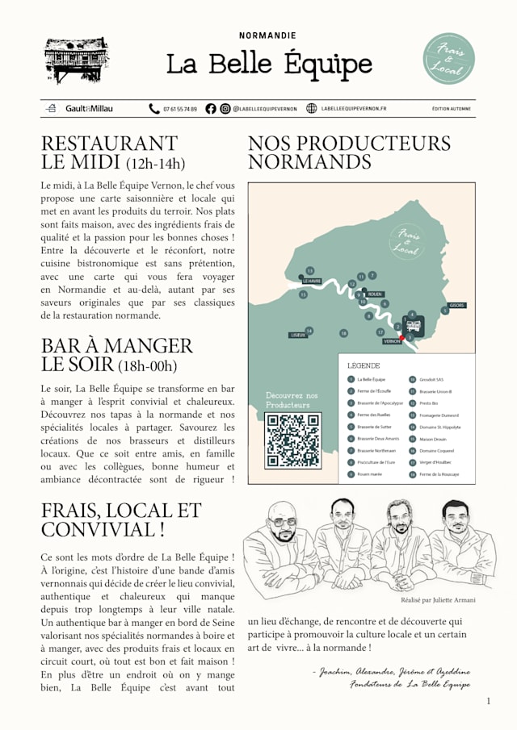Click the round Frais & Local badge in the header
[x=449, y=58]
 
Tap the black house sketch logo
[x=77, y=60]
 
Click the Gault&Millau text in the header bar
[x=90, y=109]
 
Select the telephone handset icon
[x=154, y=109]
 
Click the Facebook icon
[x=211, y=109]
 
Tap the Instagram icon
[x=225, y=109]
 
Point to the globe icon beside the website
[x=312, y=109]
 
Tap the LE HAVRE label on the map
[x=312, y=282]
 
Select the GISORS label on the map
[x=456, y=306]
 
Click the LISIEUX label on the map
[x=298, y=335]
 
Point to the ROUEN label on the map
[x=374, y=295]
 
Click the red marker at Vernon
[x=402, y=337]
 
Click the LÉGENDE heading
[x=364, y=365]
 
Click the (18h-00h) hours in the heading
[x=147, y=367]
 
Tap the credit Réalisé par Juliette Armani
[x=438, y=600]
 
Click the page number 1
[x=488, y=702]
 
